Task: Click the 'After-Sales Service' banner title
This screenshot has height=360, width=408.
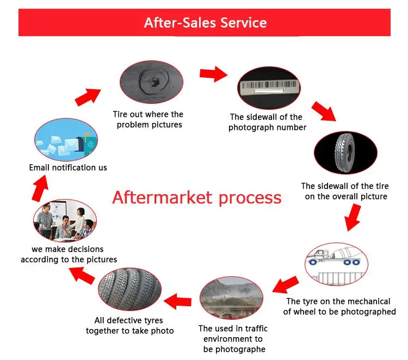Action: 205,23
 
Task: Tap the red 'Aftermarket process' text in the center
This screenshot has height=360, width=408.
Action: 197,197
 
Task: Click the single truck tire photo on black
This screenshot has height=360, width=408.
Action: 345,151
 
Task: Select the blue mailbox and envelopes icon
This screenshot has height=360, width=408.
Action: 66,139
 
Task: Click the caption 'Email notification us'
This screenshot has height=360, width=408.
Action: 68,167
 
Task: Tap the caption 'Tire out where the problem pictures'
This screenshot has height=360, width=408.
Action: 148,120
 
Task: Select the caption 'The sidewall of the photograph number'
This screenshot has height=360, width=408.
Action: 267,122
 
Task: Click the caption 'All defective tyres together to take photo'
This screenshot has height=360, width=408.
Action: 129,326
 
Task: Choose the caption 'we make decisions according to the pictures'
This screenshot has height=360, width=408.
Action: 69,255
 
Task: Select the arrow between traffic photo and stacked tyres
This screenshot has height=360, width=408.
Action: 178,299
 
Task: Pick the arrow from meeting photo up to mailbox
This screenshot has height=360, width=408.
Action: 40,189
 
